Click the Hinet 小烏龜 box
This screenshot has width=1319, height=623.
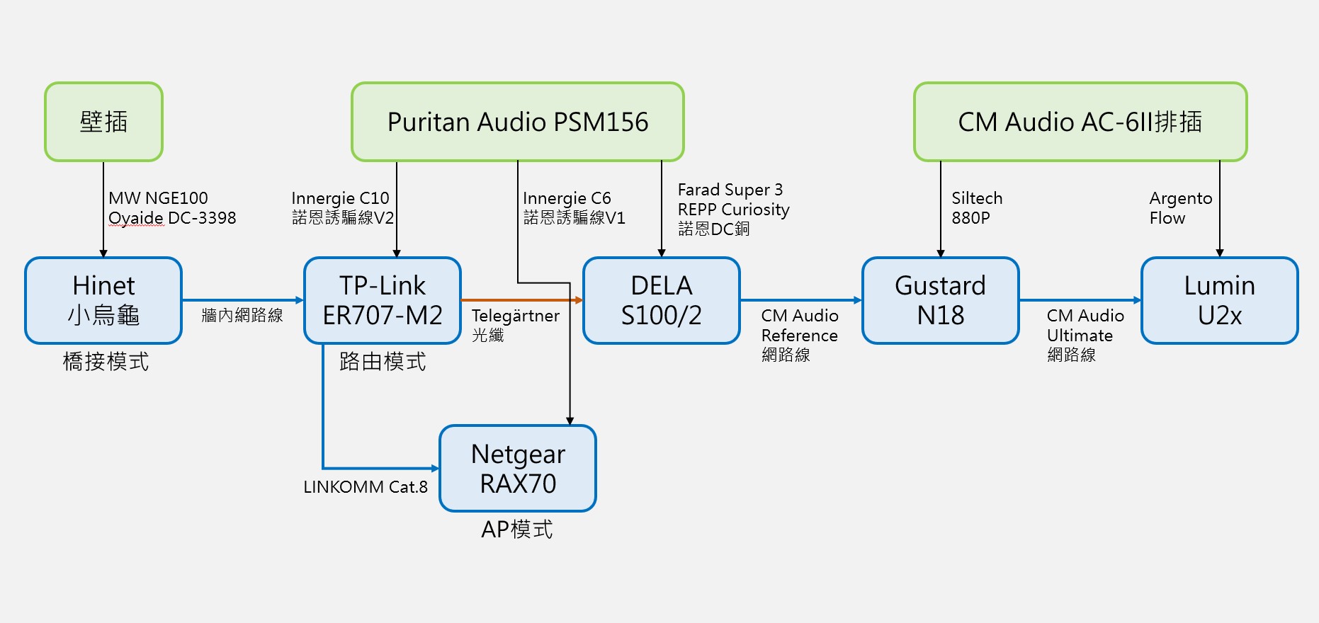click(103, 301)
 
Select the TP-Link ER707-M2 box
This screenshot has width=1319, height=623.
click(383, 301)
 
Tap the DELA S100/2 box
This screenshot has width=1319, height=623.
click(662, 301)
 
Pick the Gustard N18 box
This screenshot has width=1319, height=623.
click(941, 301)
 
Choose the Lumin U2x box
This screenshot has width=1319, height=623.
click(1220, 301)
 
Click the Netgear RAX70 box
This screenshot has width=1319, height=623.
click(518, 469)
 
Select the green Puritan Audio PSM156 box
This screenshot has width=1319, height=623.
click(518, 122)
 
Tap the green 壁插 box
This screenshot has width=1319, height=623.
click(103, 122)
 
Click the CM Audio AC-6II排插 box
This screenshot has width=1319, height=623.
click(1080, 122)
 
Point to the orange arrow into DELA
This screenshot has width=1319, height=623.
click(522, 300)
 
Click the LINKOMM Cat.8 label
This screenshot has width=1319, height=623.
click(366, 487)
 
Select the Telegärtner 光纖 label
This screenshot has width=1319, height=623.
click(516, 325)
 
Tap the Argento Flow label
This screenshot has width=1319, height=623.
click(1181, 208)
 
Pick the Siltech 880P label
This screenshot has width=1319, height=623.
click(977, 208)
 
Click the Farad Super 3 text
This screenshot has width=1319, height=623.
click(730, 190)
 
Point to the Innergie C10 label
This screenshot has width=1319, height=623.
click(341, 198)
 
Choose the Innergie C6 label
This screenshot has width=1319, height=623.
click(567, 198)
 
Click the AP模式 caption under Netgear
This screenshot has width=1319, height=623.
click(517, 530)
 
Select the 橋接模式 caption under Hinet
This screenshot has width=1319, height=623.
click(106, 362)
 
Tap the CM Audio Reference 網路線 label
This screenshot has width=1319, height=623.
click(800, 335)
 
